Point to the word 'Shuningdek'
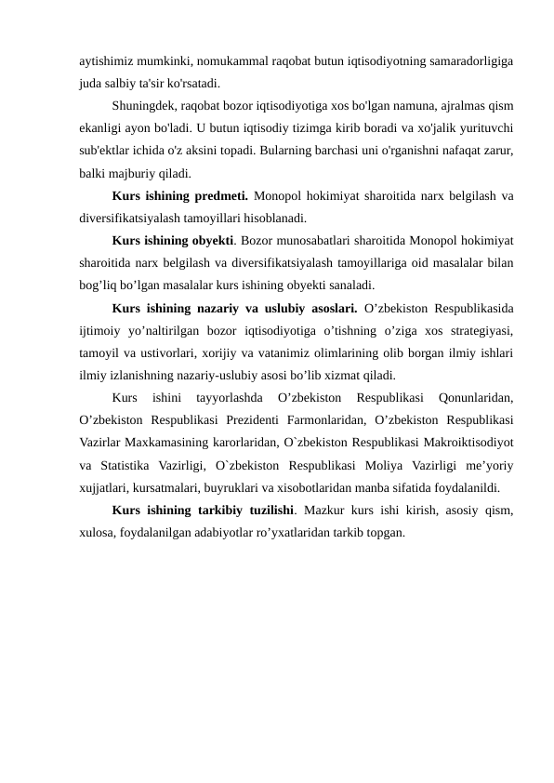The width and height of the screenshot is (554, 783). [x=145, y=104]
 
